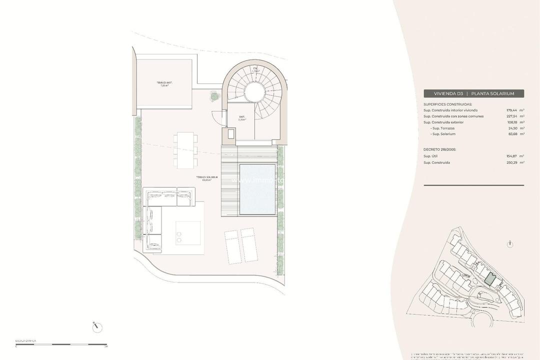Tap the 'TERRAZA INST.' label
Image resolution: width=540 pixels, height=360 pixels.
(164, 83)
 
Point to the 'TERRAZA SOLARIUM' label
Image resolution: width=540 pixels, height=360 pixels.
(206, 178)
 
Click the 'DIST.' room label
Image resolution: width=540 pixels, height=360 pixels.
(242, 118)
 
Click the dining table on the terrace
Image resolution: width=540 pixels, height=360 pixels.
(185, 150)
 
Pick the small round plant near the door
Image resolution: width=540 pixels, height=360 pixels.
(214, 96)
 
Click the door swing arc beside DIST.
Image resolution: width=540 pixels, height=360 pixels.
(216, 118)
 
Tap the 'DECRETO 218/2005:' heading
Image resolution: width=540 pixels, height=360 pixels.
(439, 149)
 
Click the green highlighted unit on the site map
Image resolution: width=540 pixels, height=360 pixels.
(491, 279)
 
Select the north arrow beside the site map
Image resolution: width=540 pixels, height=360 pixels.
(509, 244)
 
